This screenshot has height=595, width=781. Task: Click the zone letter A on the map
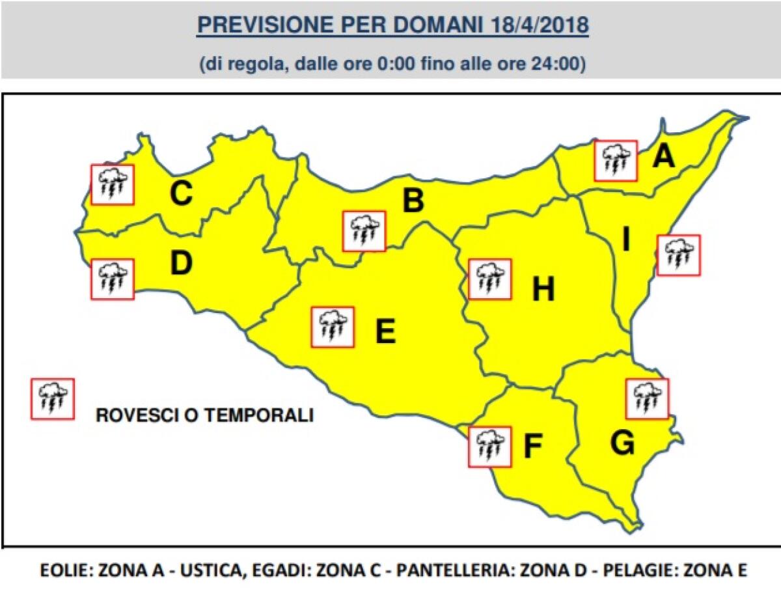tap(663, 156)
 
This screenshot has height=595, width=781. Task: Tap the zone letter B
tap(413, 201)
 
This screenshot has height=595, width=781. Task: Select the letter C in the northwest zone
tap(181, 193)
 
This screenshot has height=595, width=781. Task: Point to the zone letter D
tap(181, 263)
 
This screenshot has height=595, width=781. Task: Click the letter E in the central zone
tap(385, 332)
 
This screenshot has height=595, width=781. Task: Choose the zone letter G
tap(622, 443)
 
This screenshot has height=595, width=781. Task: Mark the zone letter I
tap(626, 241)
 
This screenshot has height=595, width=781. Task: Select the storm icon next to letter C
tap(113, 184)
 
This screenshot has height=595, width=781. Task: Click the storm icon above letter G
tap(647, 398)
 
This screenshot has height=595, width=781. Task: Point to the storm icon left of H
tap(489, 279)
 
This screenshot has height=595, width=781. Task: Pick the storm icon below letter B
tap(364, 231)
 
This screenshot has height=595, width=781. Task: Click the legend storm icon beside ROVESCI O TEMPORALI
tap(53, 398)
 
